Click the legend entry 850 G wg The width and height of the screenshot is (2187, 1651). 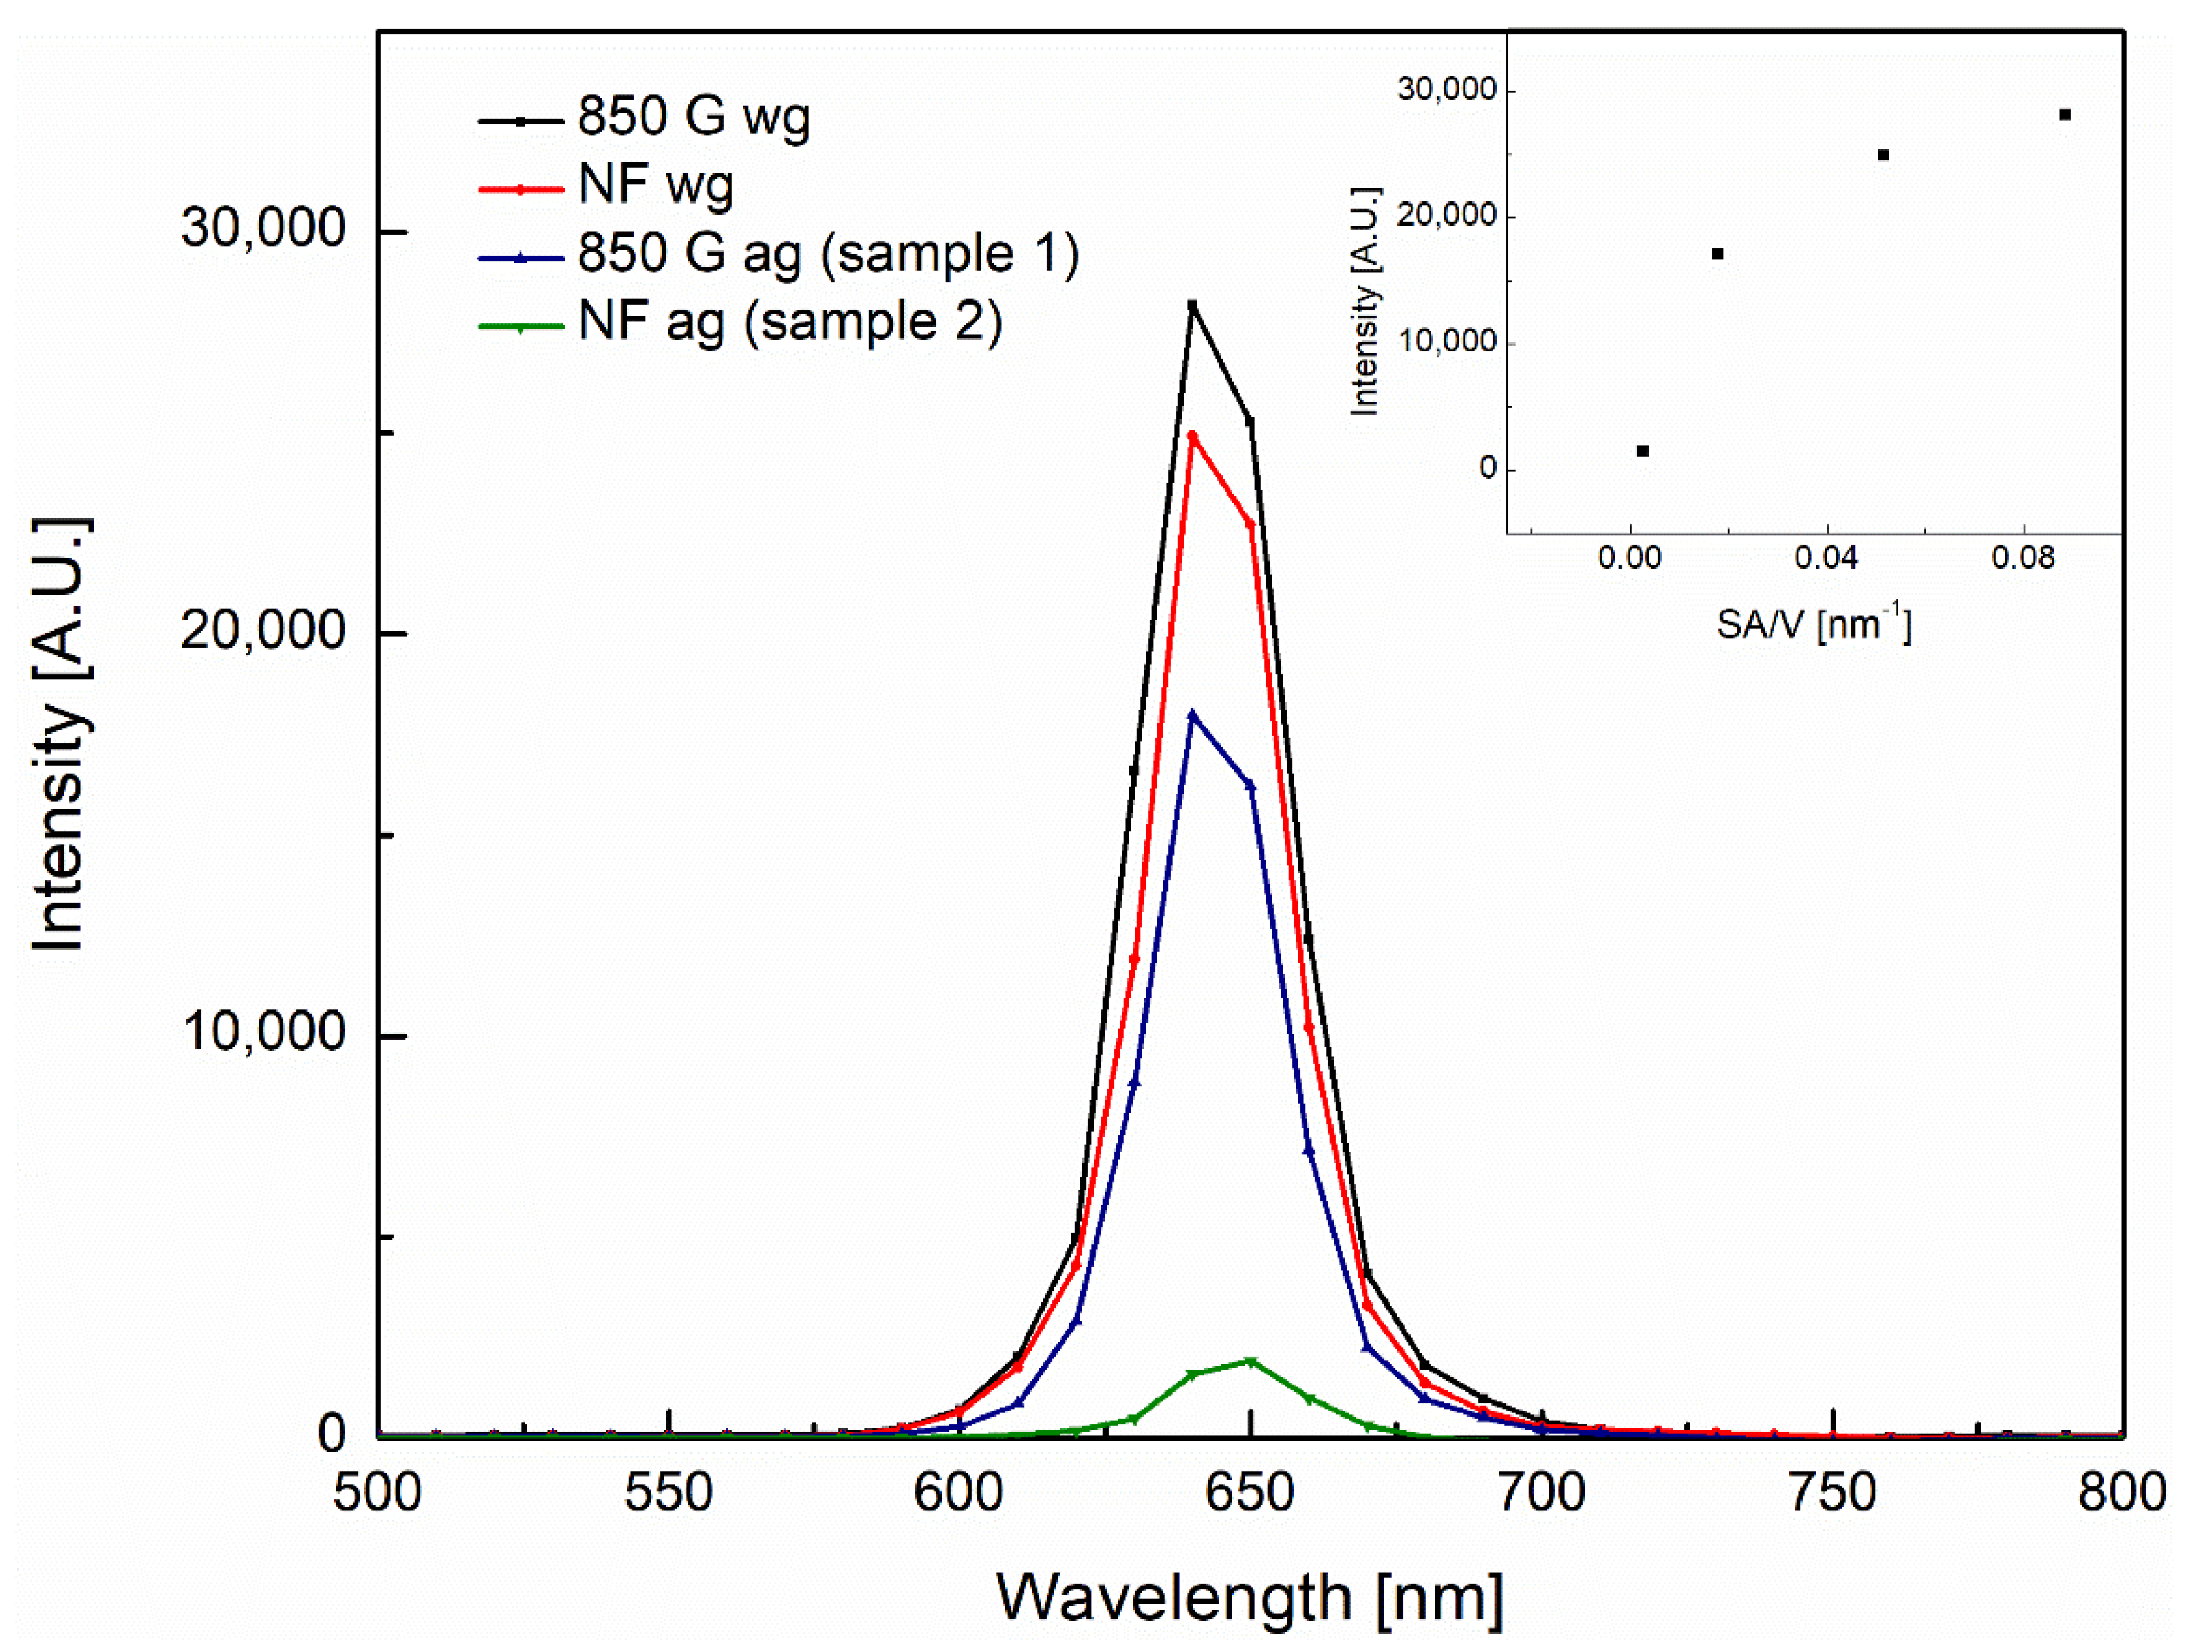click(x=692, y=118)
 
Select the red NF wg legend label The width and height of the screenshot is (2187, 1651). click(x=655, y=186)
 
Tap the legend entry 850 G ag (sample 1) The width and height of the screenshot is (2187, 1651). click(x=827, y=254)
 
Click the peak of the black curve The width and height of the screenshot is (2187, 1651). click(x=1193, y=305)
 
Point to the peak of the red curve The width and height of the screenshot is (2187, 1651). click(x=1193, y=436)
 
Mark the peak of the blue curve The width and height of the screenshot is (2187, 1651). click(x=1193, y=714)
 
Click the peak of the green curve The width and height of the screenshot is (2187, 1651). click(x=1251, y=1362)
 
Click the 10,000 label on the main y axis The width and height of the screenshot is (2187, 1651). click(x=263, y=1032)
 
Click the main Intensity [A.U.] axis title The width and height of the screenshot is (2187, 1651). click(x=59, y=734)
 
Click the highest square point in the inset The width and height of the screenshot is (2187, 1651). click(x=2065, y=116)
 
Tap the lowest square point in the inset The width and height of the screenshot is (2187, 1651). click(x=1643, y=451)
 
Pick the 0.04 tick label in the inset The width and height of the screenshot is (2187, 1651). click(x=1826, y=558)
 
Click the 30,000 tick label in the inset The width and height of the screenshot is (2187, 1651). click(x=1446, y=90)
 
